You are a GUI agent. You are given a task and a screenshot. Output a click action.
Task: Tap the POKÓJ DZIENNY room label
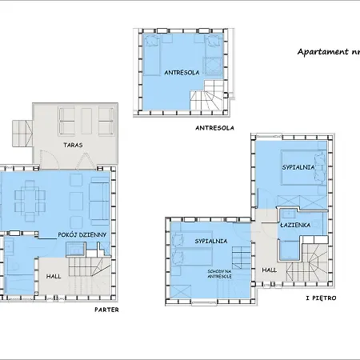coord(83,234)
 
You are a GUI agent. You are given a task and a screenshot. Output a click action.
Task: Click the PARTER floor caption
coord(106,309)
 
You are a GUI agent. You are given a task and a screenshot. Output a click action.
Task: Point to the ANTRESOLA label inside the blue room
coord(182,72)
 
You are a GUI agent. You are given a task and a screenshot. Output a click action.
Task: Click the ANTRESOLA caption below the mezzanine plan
coord(214,127)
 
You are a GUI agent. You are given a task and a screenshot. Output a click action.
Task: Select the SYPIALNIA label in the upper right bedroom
coord(298,168)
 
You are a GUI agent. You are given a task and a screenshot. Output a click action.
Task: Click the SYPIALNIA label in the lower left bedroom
coord(211,241)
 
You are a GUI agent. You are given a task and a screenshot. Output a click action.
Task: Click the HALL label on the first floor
coord(269,270)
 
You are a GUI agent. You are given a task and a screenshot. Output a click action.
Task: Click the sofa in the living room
coord(100,200)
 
